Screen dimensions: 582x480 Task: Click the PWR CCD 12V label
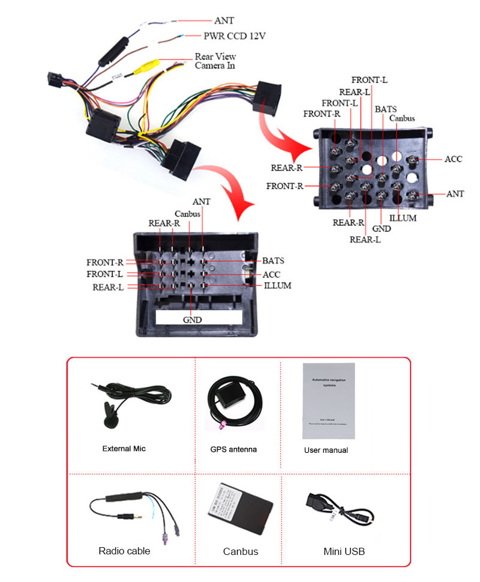click(x=235, y=36)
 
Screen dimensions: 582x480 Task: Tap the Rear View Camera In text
click(x=215, y=61)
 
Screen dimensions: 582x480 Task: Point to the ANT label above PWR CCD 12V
click(x=224, y=20)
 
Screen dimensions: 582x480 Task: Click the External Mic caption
click(x=124, y=449)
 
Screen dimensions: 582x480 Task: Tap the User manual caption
click(x=326, y=450)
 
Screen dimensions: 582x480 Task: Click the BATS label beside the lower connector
click(x=273, y=261)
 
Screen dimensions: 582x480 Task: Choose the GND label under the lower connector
click(x=192, y=320)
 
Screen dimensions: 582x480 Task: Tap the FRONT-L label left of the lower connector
click(x=105, y=274)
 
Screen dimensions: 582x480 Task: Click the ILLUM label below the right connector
click(x=403, y=218)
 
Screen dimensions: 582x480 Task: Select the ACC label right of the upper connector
click(x=453, y=159)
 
